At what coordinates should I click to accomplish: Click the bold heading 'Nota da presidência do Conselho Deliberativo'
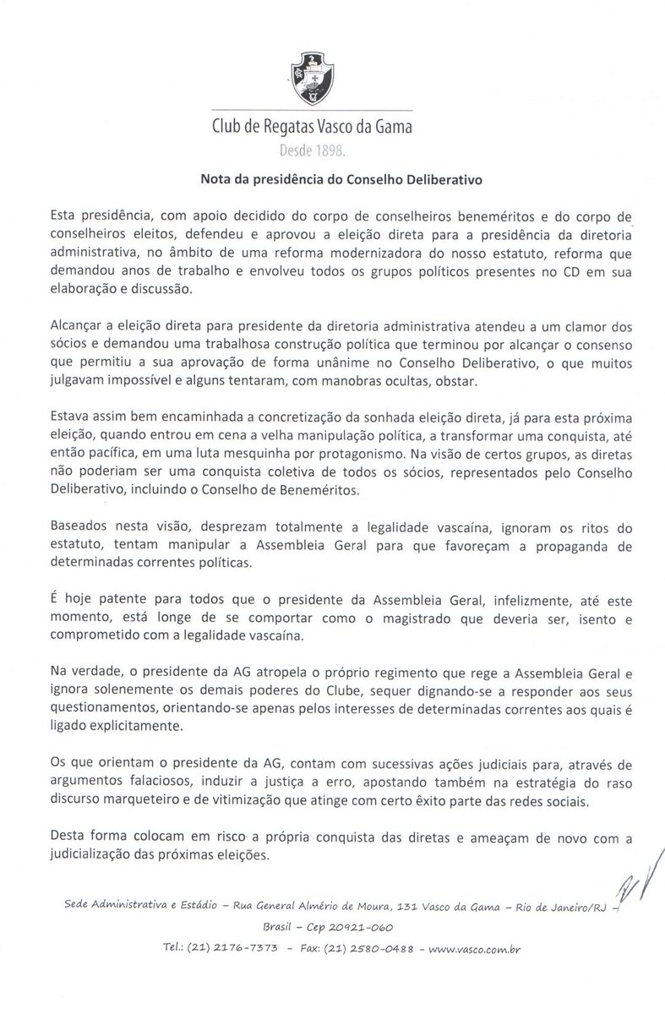[331, 179]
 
